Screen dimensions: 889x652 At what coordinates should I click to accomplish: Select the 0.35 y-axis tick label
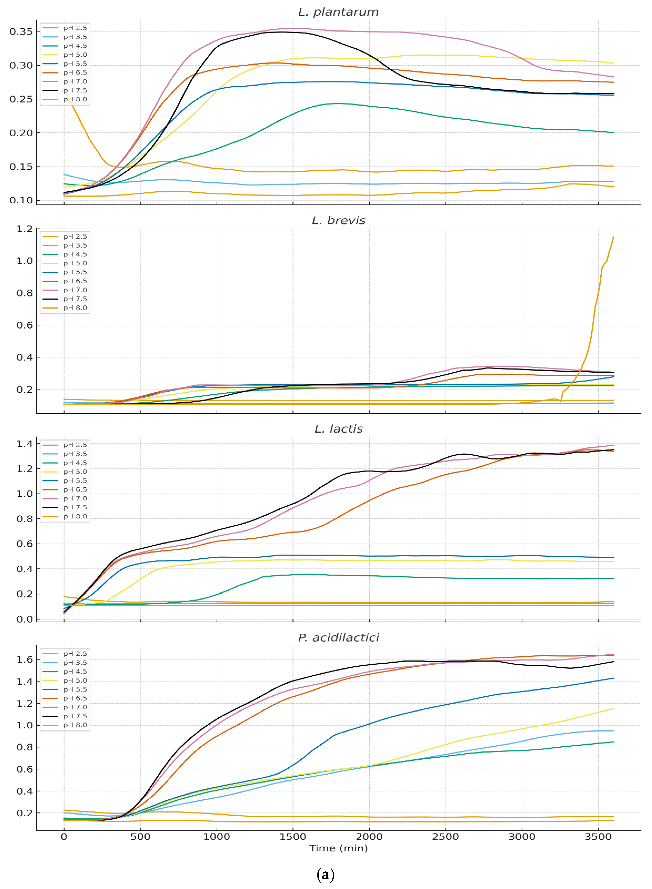[21, 32]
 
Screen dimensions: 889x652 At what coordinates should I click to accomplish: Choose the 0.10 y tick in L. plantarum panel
[21, 200]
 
